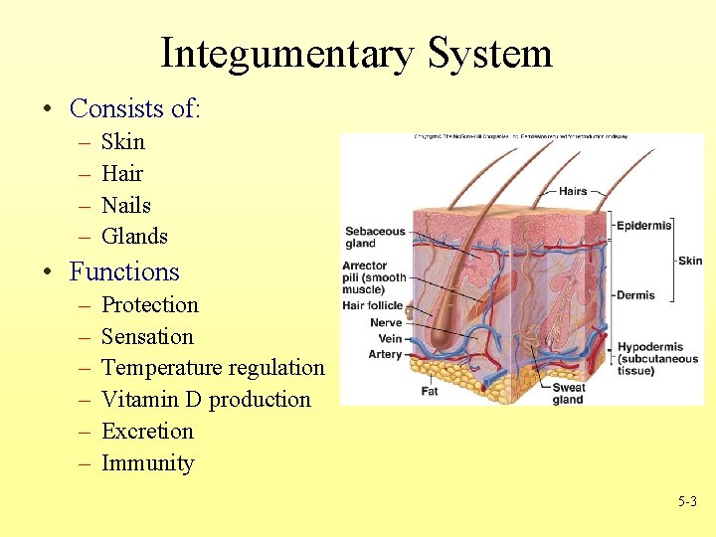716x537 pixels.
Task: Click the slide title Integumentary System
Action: coord(356,53)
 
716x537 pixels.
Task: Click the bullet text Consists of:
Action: coord(134,107)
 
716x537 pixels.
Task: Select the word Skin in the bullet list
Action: coord(123,142)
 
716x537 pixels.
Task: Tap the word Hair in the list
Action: coord(122,174)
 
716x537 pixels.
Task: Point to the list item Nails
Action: coord(126,206)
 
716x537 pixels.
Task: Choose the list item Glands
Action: coord(134,237)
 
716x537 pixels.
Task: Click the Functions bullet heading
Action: coord(124,271)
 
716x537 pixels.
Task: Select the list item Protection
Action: coord(150,305)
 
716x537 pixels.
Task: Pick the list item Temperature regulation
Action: coord(213,368)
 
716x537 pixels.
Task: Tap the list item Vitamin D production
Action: coord(206,400)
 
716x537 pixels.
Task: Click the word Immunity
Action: coord(147,463)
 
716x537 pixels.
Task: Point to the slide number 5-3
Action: coord(687,502)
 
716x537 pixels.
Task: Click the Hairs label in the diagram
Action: coord(573,191)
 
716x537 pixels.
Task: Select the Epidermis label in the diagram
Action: coord(643,226)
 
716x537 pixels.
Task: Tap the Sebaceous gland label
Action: coord(375,237)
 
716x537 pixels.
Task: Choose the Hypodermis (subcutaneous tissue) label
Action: coord(657,358)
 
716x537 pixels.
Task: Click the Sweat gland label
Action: coord(568,394)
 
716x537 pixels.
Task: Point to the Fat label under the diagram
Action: coord(430,392)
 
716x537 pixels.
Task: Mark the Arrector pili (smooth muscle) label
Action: coord(373,277)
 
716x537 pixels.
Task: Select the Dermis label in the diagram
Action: coord(635,295)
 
